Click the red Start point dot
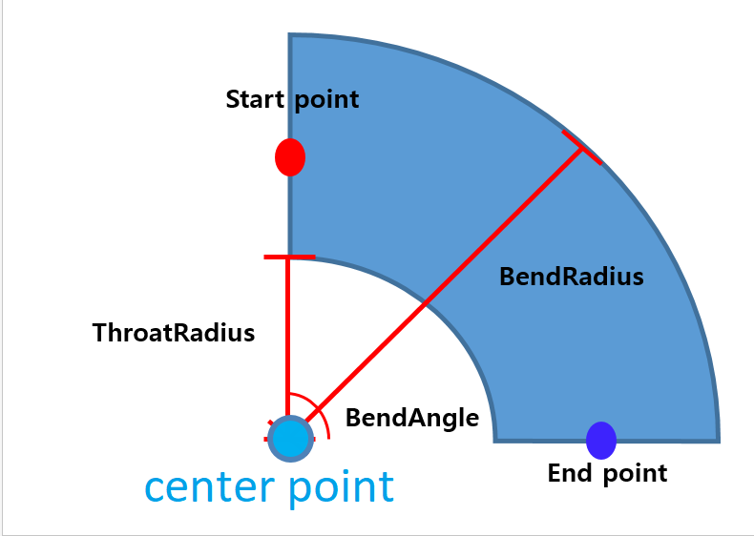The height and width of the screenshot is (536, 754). (x=290, y=157)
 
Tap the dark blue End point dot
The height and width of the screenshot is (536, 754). (x=601, y=440)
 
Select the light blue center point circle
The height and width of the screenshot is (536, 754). (x=290, y=439)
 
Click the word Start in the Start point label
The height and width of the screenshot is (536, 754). (x=257, y=99)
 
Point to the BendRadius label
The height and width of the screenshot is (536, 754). (x=572, y=278)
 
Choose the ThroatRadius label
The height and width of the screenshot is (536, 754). (x=174, y=333)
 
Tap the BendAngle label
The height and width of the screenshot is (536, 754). (x=412, y=418)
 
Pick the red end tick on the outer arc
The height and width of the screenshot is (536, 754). (x=582, y=148)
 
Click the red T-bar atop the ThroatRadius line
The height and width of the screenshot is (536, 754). (x=288, y=258)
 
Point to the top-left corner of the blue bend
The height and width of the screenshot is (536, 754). (x=291, y=36)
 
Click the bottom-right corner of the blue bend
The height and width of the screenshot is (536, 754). (x=718, y=441)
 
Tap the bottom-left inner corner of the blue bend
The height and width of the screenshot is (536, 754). (x=495, y=440)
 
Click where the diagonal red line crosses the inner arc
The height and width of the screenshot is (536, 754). (x=426, y=304)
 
